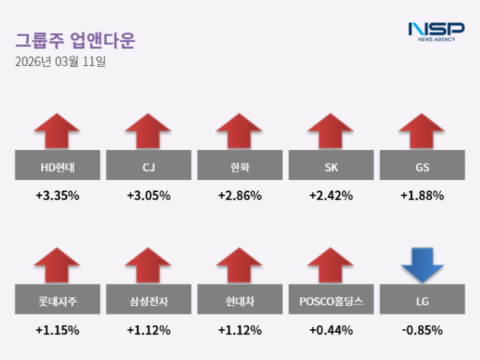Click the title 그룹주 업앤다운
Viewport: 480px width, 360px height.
(75, 40)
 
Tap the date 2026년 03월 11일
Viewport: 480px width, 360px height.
(60, 62)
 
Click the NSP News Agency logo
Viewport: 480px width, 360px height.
(436, 31)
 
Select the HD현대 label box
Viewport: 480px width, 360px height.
(57, 165)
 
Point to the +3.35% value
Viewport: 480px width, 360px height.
(57, 196)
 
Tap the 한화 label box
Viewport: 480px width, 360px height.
(239, 165)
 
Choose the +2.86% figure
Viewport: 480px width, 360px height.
(239, 196)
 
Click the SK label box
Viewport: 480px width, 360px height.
(331, 165)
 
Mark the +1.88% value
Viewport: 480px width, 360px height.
(421, 196)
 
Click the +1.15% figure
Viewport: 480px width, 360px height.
(57, 330)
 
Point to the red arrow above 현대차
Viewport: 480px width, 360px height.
(239, 265)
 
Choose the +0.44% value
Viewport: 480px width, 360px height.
(331, 330)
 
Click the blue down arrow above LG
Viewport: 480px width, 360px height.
(421, 265)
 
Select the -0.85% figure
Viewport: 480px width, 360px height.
(421, 330)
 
